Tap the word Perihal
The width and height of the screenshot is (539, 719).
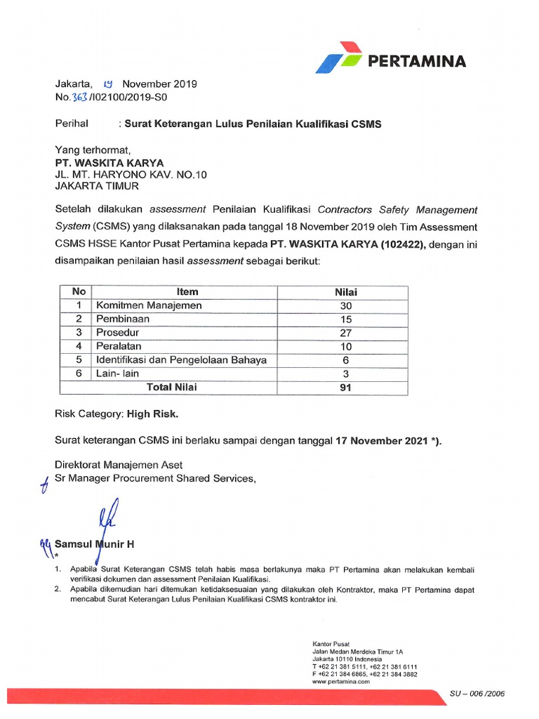72,124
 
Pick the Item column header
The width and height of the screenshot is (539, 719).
187,292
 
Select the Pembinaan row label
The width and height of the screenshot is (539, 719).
123,319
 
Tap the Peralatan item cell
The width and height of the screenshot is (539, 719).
119,346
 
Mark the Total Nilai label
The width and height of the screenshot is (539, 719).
171,387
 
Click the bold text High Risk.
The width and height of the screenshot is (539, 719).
157,414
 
